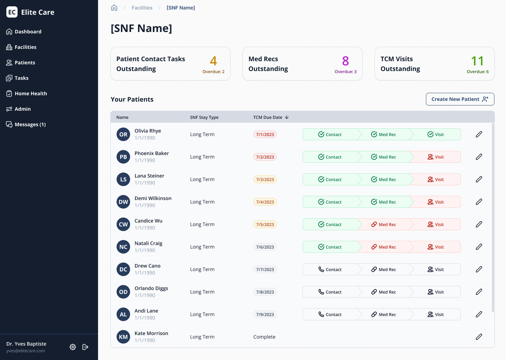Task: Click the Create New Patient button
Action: point(460,99)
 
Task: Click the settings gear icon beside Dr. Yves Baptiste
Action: point(73,347)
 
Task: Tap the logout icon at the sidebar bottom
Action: point(85,347)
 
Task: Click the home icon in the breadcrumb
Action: point(114,8)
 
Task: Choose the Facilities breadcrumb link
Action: point(142,8)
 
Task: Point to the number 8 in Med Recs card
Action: point(345,61)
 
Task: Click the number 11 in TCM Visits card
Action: point(477,61)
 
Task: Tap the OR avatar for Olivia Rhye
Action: point(123,134)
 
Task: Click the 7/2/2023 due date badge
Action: point(265,157)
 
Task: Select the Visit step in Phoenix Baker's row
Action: point(436,157)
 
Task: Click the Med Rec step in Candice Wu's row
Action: point(384,224)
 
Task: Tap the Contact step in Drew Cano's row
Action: point(330,269)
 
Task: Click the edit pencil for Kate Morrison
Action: point(479,337)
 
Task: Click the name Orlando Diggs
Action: point(151,288)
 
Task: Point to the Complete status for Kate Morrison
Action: point(264,337)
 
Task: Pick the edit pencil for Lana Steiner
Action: point(479,179)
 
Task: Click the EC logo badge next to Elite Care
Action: point(12,12)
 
